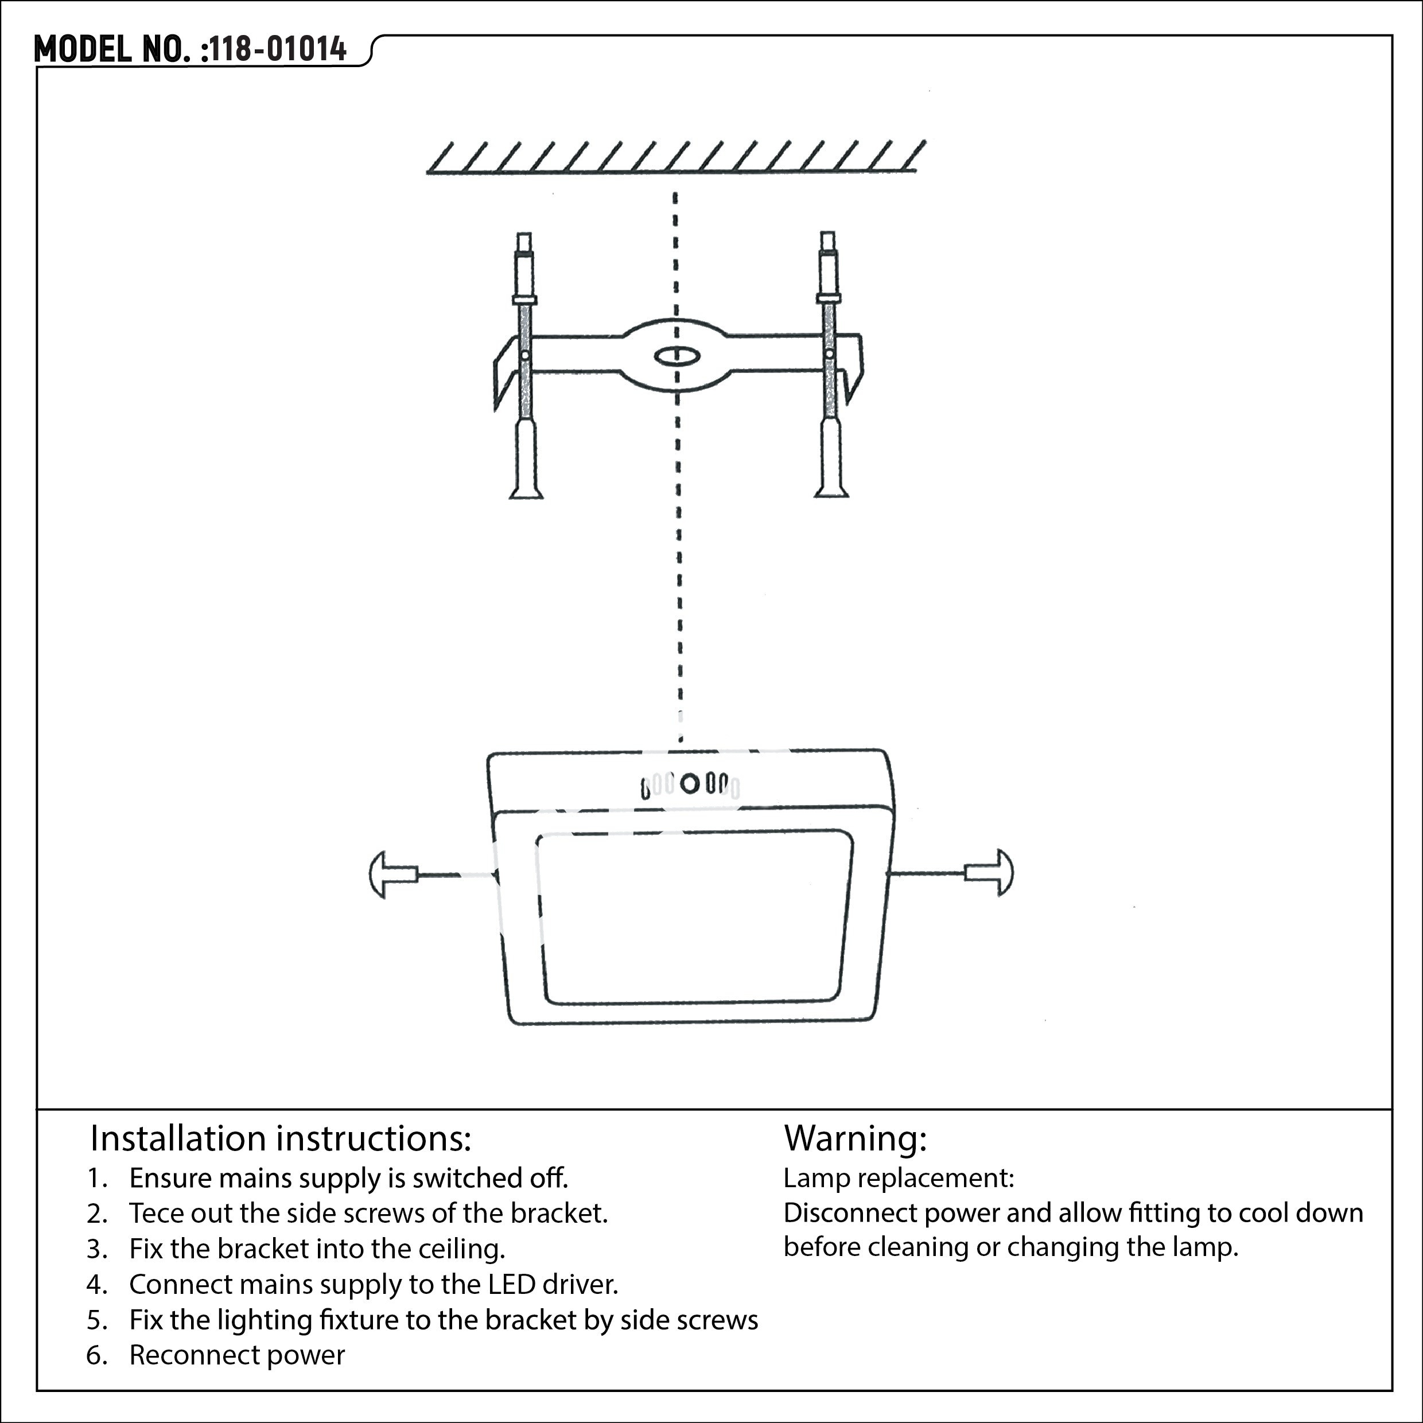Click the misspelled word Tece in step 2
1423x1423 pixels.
click(x=158, y=1213)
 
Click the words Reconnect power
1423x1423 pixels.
click(x=237, y=1355)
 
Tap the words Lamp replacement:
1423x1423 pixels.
click(x=899, y=1178)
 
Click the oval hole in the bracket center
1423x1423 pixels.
click(x=675, y=356)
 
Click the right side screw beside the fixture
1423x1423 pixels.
click(x=989, y=873)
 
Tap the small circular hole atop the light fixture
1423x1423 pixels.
click(x=689, y=783)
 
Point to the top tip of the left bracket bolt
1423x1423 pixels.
click(x=524, y=234)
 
